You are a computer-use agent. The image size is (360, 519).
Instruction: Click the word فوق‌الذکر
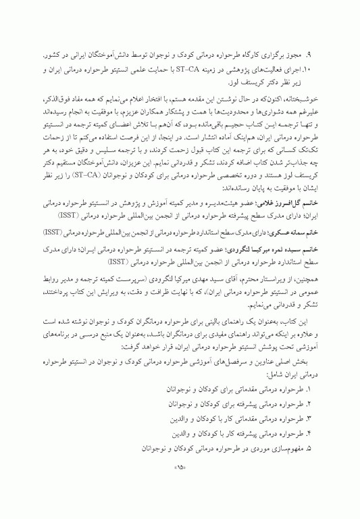tap(57, 98)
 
